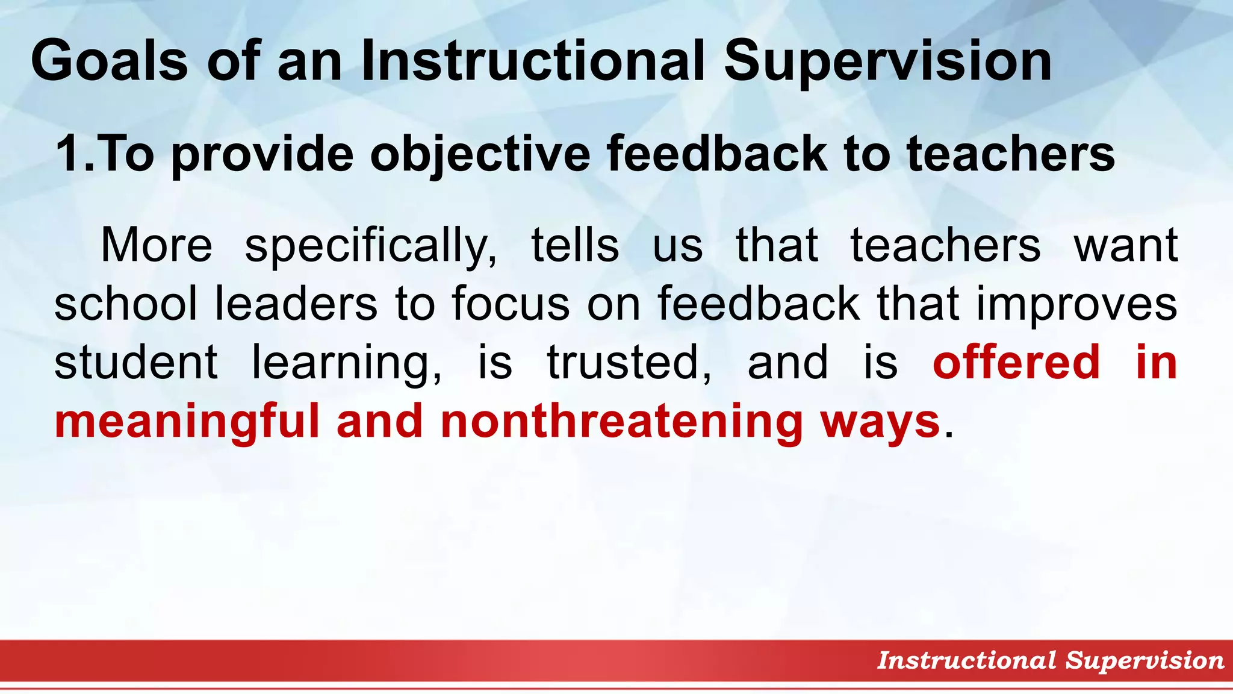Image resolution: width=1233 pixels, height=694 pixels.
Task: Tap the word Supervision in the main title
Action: coord(887,60)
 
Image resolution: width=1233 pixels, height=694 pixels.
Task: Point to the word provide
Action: coord(262,154)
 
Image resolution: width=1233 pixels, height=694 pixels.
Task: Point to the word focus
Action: coord(511,303)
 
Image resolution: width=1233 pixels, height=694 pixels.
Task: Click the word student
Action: coord(135,361)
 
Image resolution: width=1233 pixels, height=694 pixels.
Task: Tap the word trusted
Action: coord(629,361)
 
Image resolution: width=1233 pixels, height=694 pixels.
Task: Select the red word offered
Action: coord(1016,361)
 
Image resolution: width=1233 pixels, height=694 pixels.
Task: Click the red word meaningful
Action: coord(187,421)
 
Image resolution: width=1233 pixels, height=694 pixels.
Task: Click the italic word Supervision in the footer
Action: coord(1144,660)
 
